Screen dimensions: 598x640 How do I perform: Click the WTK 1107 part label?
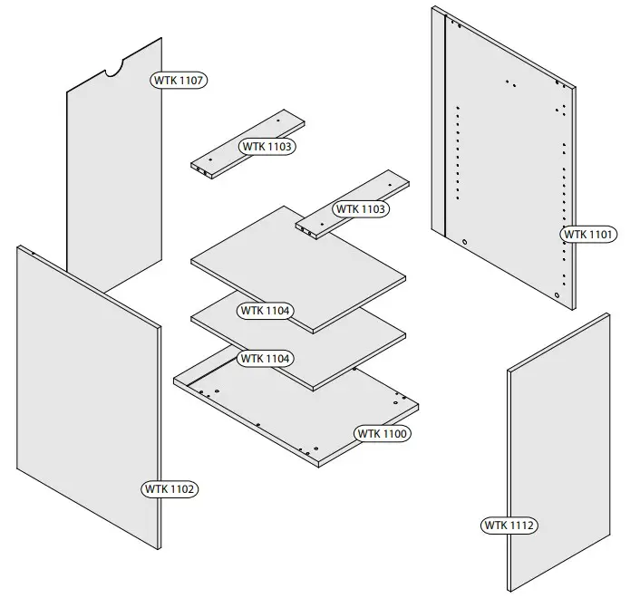click(x=179, y=81)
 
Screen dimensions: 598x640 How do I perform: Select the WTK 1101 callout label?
click(x=589, y=234)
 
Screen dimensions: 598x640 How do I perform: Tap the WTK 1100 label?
click(x=383, y=434)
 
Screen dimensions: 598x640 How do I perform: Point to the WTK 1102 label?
click(x=170, y=489)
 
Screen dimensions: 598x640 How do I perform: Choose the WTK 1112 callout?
click(x=509, y=526)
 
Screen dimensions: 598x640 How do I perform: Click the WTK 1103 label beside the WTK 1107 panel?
click(x=267, y=146)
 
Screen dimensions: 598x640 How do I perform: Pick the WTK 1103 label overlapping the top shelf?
click(x=361, y=209)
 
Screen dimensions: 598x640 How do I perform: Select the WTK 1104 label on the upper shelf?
click(x=266, y=311)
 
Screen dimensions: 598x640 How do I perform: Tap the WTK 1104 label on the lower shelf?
click(x=266, y=359)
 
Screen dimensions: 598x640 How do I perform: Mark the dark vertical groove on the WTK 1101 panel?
click(x=445, y=127)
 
